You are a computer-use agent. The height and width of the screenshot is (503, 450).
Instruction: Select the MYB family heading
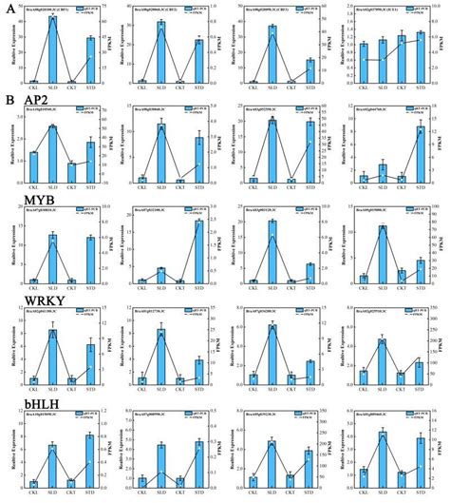coord(22,201)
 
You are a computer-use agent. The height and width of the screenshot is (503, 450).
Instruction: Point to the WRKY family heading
coord(26,302)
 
